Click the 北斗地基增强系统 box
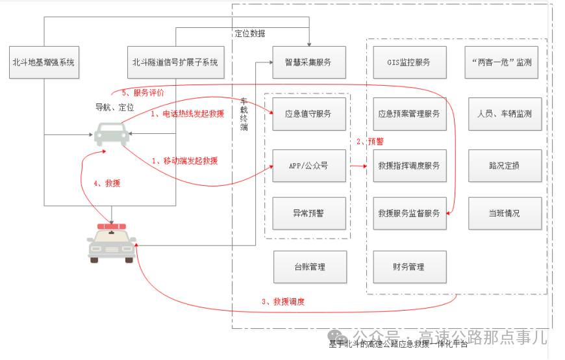coord(44,63)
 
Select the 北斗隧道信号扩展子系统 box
coord(175,63)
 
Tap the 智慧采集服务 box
coord(308,63)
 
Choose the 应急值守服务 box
coord(308,114)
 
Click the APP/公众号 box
coord(308,166)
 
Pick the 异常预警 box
coord(308,213)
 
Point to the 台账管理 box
coord(308,266)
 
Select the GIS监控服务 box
coord(409,63)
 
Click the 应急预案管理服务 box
coord(409,114)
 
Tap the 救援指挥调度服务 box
coord(409,166)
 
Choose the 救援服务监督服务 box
coord(409,213)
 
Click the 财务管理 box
coord(409,266)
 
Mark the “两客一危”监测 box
coord(505,63)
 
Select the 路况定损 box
coord(505,166)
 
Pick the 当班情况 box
coord(505,213)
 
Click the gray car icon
coord(111,133)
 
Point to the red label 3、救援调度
coord(283,302)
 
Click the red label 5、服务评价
coord(143,93)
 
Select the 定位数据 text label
coord(249,34)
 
